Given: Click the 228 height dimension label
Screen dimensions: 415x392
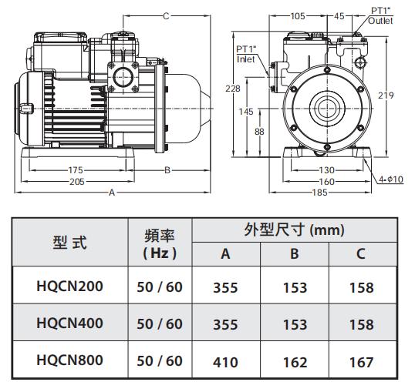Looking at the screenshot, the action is (x=233, y=89).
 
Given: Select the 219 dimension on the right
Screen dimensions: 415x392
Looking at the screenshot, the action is (x=386, y=95).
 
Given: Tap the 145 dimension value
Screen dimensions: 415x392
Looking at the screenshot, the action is (x=246, y=112).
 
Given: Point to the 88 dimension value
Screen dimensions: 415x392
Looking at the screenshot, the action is (x=259, y=132).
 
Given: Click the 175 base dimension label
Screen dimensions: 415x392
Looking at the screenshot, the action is (x=76, y=170).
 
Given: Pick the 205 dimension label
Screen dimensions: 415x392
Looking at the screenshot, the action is (x=77, y=182).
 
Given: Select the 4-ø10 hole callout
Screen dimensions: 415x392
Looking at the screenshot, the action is (x=391, y=179).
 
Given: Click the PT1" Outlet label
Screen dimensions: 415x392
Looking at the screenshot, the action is (x=380, y=16).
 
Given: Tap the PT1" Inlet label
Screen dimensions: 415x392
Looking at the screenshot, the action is (x=245, y=54).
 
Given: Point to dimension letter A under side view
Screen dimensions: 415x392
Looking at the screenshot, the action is (x=112, y=193).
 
